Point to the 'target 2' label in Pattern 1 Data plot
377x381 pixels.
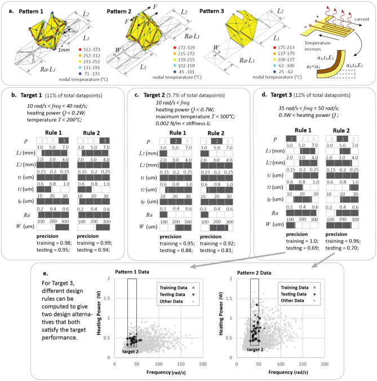tap(131, 352)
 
